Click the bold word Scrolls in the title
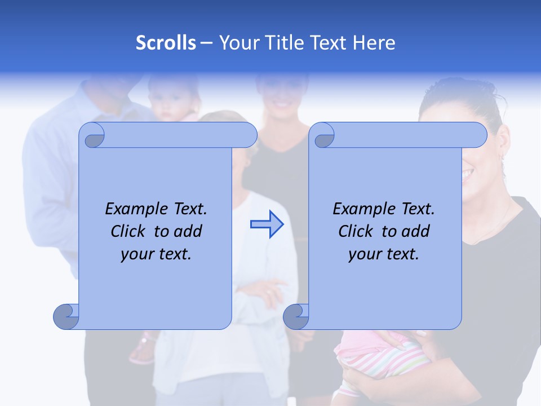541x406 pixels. click(x=166, y=42)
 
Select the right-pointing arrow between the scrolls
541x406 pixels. click(x=267, y=224)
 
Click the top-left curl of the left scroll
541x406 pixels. click(x=93, y=136)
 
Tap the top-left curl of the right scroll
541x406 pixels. click(x=323, y=136)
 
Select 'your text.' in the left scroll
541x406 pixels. click(x=156, y=254)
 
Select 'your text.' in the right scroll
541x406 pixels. click(x=384, y=254)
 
